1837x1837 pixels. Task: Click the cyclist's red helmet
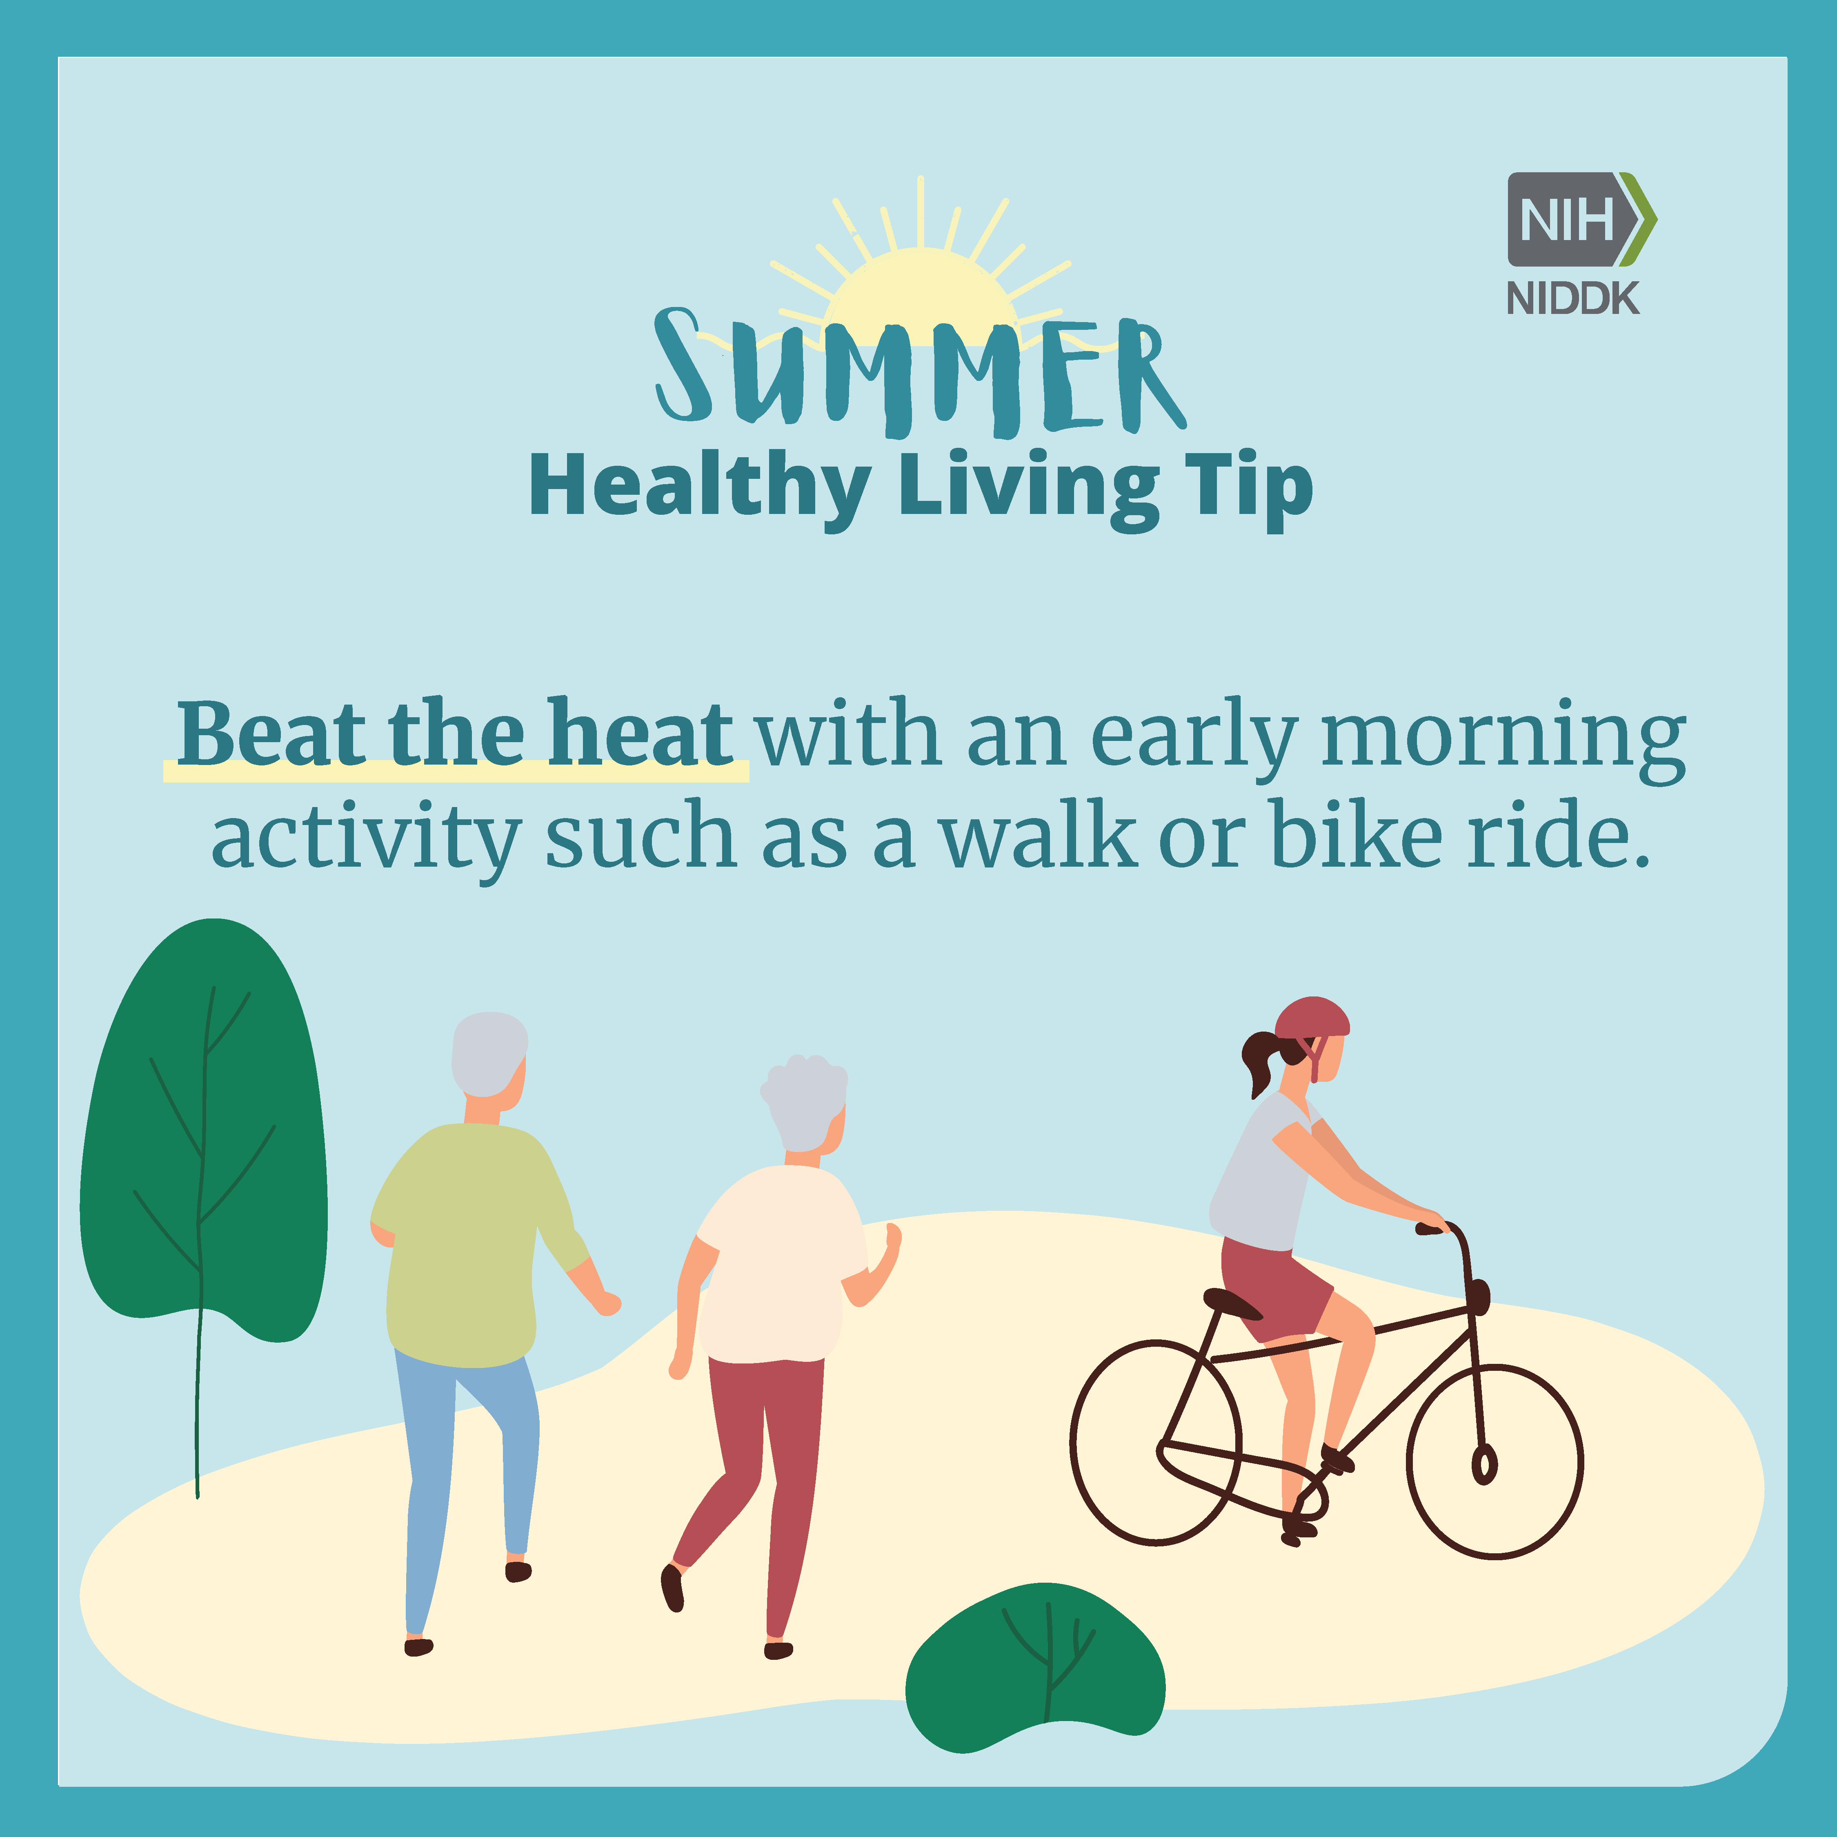1312,1019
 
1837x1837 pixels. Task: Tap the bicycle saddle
1232,1303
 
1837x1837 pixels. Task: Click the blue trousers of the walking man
466,1483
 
